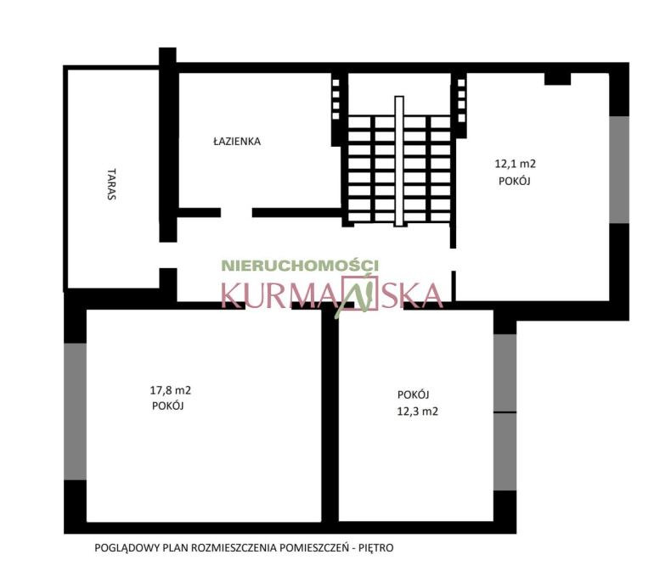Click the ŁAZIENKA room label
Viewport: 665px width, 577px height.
click(x=237, y=141)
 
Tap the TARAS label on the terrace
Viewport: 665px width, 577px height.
click(x=111, y=184)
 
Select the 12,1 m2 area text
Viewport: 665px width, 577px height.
click(x=515, y=164)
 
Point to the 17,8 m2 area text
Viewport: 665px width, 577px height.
click(x=171, y=390)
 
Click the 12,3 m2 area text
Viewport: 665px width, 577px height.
click(x=417, y=411)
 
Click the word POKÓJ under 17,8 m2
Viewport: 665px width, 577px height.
click(x=168, y=406)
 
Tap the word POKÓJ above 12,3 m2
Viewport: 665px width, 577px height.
click(x=413, y=395)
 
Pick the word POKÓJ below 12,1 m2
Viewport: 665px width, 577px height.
click(x=515, y=181)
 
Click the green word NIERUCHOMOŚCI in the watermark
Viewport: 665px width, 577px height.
click(x=300, y=266)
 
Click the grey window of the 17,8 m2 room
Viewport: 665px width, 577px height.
click(x=75, y=412)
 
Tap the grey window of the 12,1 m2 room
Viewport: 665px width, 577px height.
click(x=619, y=170)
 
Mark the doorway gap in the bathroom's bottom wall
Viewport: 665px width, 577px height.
click(x=236, y=212)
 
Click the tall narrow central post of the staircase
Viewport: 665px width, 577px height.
click(x=399, y=161)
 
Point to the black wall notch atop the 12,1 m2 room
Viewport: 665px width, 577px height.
click(x=557, y=79)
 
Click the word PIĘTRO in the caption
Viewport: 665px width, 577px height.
click(x=375, y=548)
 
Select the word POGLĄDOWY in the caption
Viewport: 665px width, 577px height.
click(x=121, y=548)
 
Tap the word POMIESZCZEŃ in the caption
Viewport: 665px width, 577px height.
click(x=313, y=548)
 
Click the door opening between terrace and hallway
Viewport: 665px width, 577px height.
click(x=168, y=255)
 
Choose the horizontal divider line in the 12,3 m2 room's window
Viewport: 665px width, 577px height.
click(x=505, y=412)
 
